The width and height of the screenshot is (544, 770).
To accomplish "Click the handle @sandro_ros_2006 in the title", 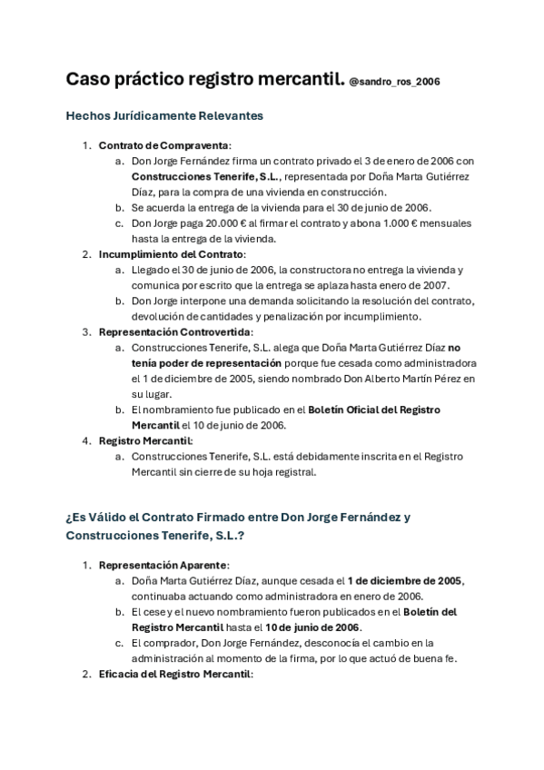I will [395, 82].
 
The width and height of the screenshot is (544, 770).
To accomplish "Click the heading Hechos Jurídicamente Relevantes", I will [165, 116].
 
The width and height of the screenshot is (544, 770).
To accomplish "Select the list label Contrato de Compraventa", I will [164, 145].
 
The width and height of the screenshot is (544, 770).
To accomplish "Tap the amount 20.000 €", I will [219, 222].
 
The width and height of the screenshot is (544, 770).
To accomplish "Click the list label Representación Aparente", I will [163, 565].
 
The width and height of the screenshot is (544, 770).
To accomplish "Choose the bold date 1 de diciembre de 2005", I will [405, 580].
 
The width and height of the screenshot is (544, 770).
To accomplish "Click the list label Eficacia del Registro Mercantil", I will [175, 675].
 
